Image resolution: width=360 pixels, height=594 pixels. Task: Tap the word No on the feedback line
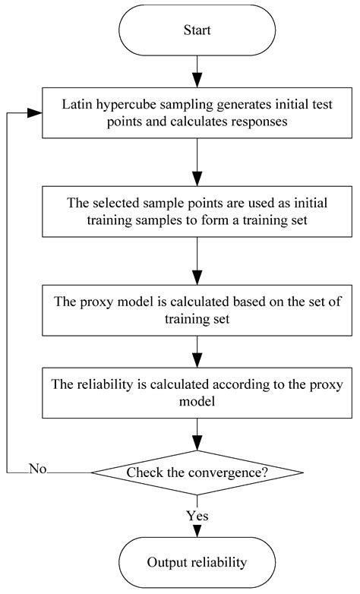[38, 468]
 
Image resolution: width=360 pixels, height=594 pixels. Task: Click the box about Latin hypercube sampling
[197, 112]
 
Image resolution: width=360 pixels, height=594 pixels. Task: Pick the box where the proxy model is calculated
[197, 310]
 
